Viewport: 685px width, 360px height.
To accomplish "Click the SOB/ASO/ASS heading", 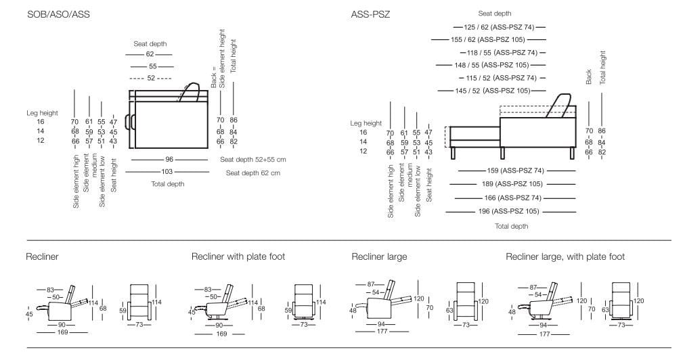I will [x=58, y=14].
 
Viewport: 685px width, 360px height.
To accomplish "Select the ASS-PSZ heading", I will [x=370, y=14].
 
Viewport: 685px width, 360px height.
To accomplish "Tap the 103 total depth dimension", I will [x=167, y=172].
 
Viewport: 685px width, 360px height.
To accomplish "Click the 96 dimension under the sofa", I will [x=169, y=160].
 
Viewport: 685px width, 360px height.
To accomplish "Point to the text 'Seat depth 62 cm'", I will [x=252, y=173].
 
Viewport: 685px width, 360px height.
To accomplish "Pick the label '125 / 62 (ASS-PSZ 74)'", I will [x=500, y=27].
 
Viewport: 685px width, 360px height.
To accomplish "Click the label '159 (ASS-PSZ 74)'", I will [x=516, y=171].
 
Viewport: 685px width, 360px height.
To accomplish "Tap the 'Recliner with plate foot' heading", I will [x=238, y=257].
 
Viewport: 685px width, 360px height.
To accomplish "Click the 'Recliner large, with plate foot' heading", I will [x=565, y=257].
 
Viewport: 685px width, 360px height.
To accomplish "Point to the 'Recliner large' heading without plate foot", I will [x=379, y=257].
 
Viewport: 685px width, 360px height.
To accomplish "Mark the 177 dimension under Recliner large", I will [x=382, y=332].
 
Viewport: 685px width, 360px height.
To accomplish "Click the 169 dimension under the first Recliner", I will [x=62, y=332].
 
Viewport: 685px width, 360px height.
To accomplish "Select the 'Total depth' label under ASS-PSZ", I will [x=511, y=226].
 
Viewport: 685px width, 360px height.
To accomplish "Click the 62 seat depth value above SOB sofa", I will [x=150, y=53].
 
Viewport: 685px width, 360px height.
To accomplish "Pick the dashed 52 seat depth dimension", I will [x=150, y=78].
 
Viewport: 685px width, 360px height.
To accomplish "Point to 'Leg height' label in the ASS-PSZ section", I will [x=366, y=123].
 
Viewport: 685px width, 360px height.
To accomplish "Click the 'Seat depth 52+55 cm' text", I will [x=252, y=160].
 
